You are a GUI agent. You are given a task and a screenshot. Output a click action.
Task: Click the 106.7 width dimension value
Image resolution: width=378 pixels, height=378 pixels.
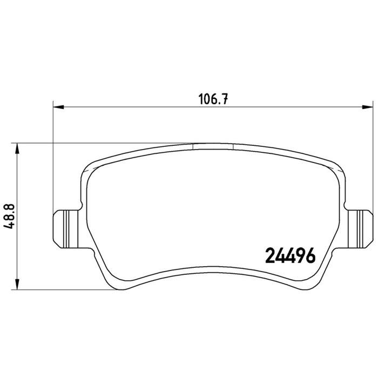pyautogui.click(x=213, y=99)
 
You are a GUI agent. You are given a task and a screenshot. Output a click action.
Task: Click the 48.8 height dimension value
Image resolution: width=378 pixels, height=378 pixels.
pyautogui.click(x=10, y=216)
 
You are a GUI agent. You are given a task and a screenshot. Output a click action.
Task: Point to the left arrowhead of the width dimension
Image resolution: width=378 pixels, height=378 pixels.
pyautogui.click(x=58, y=107)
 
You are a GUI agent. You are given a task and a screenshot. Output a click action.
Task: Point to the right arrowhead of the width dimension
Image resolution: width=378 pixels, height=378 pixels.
pyautogui.click(x=368, y=107)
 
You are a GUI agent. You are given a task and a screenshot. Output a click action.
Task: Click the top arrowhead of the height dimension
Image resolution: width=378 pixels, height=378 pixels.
pyautogui.click(x=17, y=148)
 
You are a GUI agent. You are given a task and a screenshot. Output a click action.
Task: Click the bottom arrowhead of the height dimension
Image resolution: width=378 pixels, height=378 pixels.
pyautogui.click(x=17, y=284)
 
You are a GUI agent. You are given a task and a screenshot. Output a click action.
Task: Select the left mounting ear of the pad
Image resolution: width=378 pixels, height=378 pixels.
pyautogui.click(x=65, y=229)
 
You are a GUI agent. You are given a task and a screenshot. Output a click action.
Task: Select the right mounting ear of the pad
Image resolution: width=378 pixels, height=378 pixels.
pyautogui.click(x=360, y=229)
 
